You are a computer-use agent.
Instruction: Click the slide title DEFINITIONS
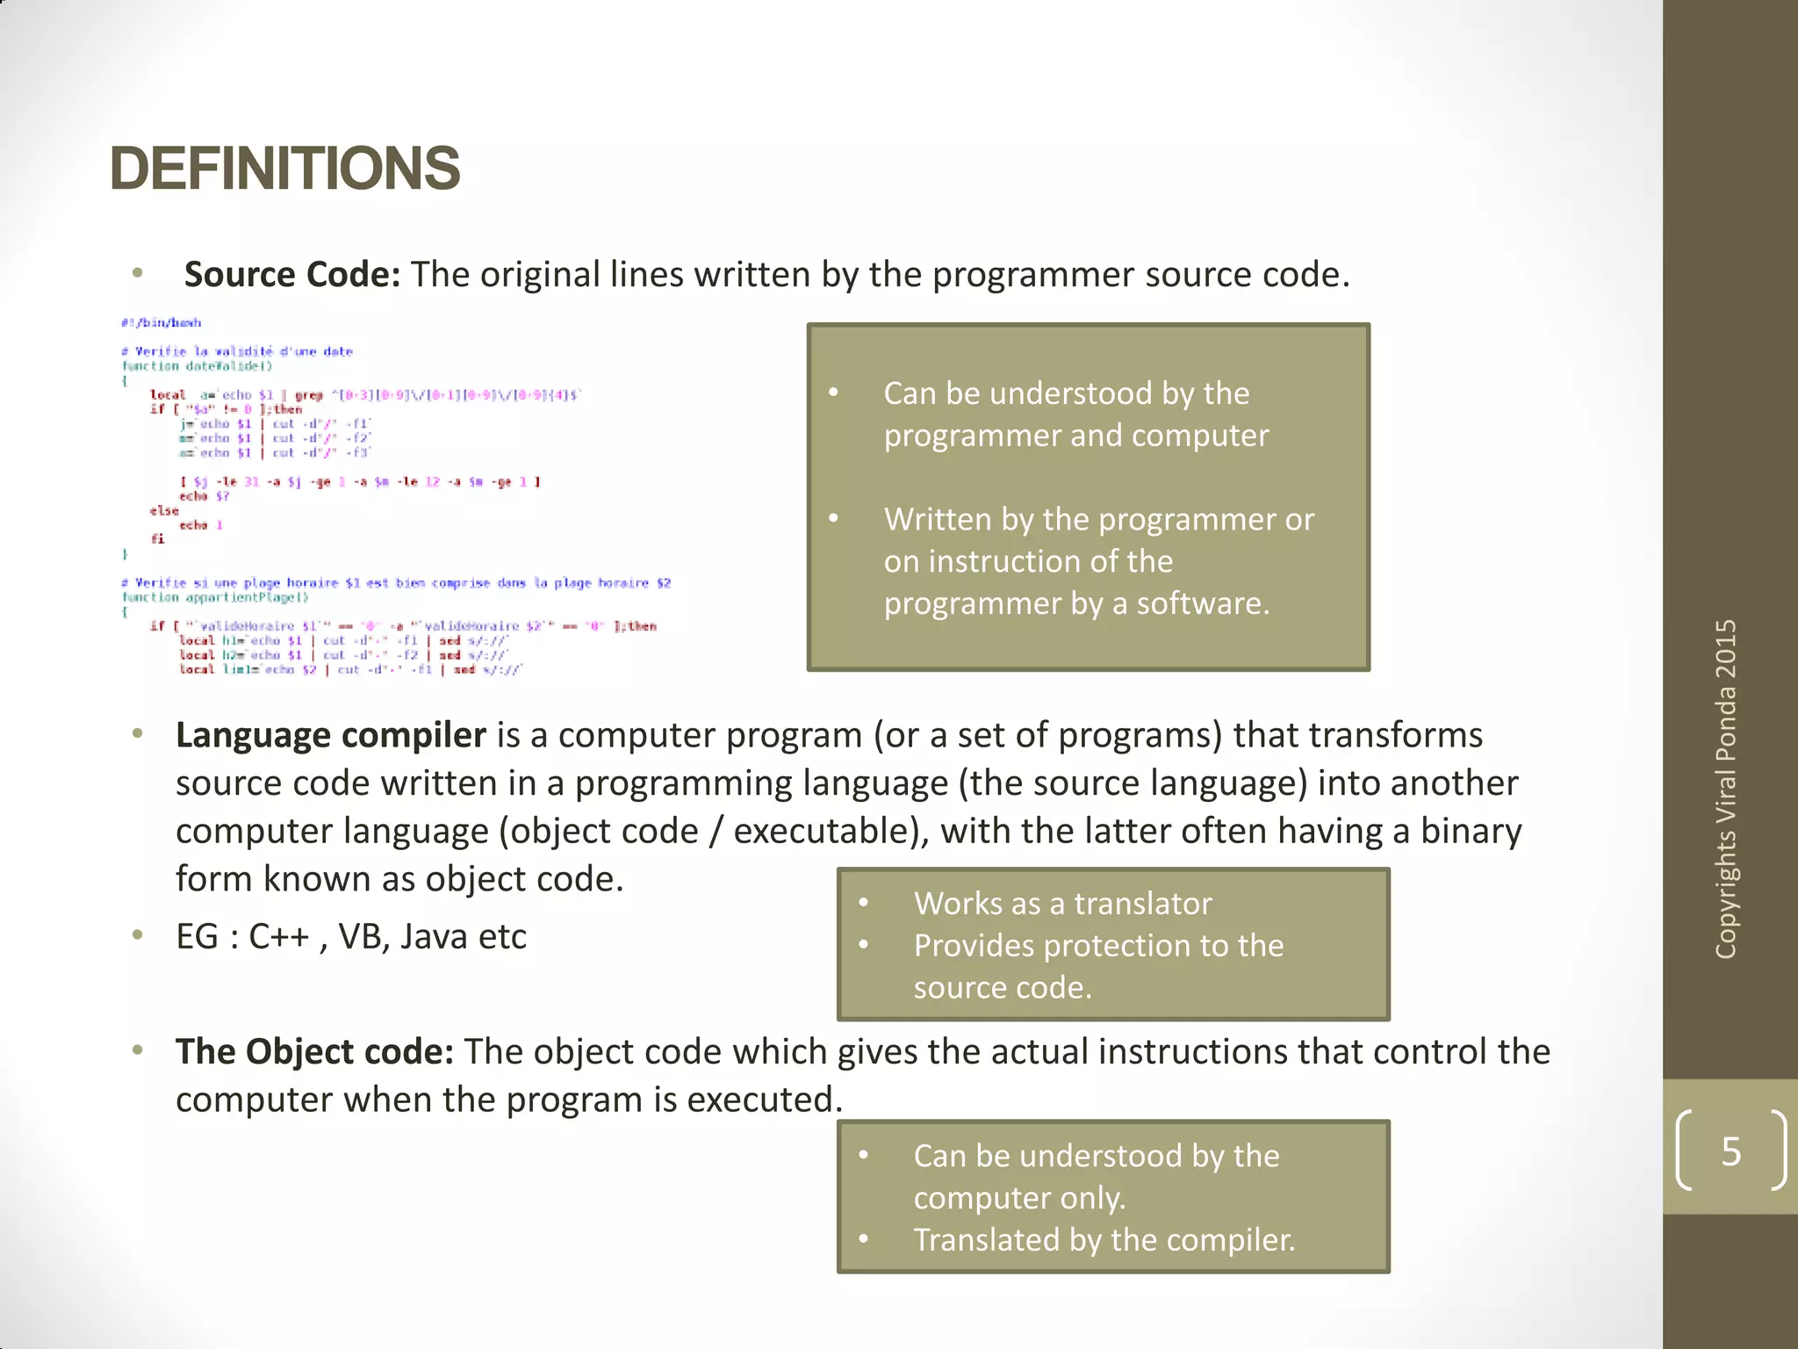pos(284,169)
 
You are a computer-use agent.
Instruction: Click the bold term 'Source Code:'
pos(291,275)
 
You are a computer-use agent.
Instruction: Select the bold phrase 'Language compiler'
pos(330,735)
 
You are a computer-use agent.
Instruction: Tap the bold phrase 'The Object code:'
pos(314,1052)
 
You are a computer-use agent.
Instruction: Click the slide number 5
pos(1730,1151)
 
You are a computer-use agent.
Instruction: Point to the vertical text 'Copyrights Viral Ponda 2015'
pos(1726,788)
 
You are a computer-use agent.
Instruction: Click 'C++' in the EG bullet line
pos(279,937)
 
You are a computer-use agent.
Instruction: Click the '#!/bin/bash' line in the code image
pos(162,323)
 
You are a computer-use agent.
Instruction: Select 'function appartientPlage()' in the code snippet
pos(216,597)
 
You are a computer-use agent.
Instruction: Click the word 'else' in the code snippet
pos(164,510)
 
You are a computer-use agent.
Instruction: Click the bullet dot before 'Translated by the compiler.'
pos(864,1240)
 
